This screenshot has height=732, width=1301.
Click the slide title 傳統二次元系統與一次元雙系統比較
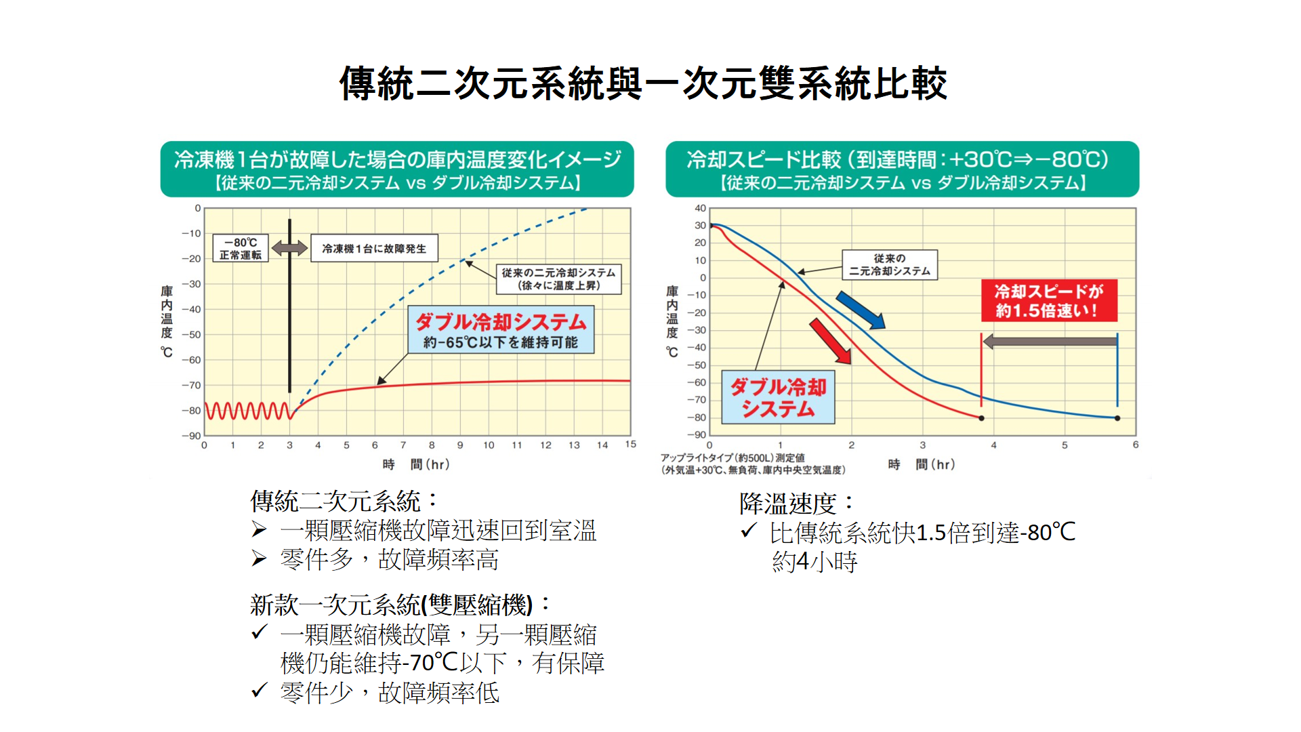(x=643, y=84)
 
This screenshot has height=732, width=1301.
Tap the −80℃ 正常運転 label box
(x=241, y=249)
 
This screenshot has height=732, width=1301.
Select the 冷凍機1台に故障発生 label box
(x=374, y=249)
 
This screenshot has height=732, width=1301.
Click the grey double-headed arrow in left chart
(x=289, y=249)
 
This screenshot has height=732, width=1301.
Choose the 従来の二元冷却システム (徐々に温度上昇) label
(x=558, y=279)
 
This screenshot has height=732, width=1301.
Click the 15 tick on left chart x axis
(x=630, y=445)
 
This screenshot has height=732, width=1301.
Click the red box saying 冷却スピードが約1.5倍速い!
(x=1049, y=301)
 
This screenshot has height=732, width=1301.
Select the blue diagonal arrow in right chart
(x=860, y=310)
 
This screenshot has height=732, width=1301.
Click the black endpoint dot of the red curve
(x=981, y=418)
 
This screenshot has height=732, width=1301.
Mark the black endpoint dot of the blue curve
(x=1117, y=418)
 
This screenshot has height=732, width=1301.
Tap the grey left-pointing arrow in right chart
(x=1049, y=342)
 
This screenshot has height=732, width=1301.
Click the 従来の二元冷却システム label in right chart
(x=890, y=264)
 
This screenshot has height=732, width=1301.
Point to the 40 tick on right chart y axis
(x=700, y=209)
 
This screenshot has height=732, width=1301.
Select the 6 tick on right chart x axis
(x=1136, y=445)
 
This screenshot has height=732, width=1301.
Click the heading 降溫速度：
(x=796, y=504)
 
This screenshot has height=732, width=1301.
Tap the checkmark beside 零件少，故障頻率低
(x=259, y=691)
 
